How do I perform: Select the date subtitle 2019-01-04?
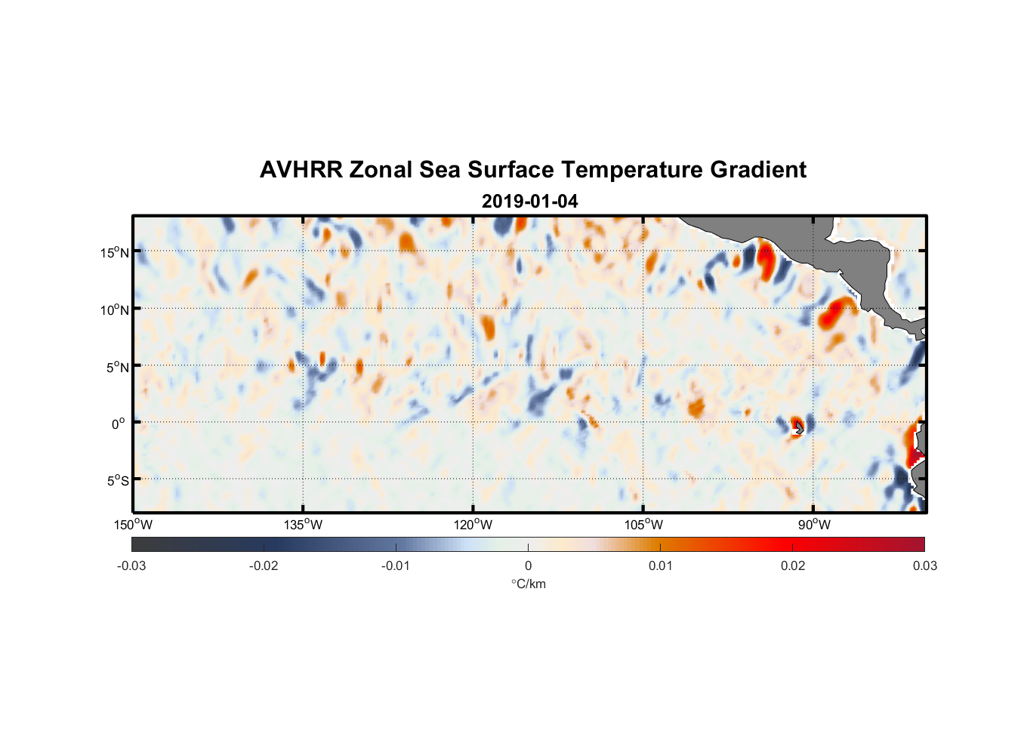(x=529, y=202)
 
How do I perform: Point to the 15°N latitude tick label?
(x=114, y=252)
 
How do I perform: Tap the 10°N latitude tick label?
(x=114, y=310)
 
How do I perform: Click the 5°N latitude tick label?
(x=117, y=367)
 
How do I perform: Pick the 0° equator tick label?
(x=119, y=424)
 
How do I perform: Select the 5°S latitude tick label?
(x=117, y=480)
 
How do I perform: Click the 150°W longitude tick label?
(x=133, y=525)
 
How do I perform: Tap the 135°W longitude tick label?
(x=304, y=525)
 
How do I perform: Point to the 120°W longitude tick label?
(x=473, y=525)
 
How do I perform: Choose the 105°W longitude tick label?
(x=643, y=525)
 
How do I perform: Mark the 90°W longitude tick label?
(x=814, y=525)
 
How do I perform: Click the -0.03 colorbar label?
(x=131, y=565)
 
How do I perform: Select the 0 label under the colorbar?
(x=528, y=565)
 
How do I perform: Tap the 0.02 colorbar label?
(x=793, y=565)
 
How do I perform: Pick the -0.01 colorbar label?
(x=396, y=565)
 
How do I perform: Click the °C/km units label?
(x=528, y=584)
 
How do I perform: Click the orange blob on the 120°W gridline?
(x=487, y=326)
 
